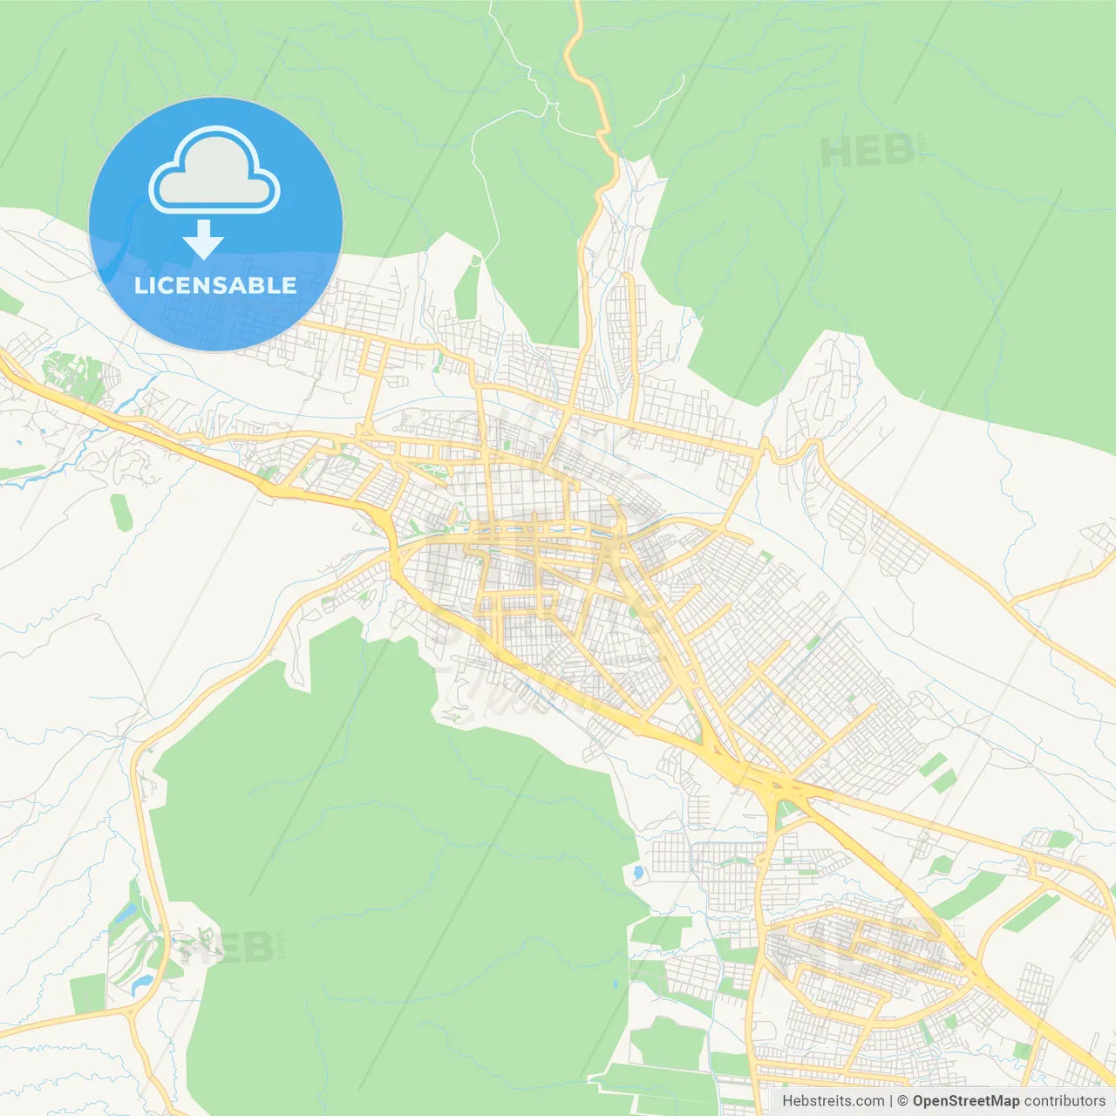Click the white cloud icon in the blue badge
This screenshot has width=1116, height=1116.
(x=214, y=171)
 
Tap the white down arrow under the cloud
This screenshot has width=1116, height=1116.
(x=203, y=240)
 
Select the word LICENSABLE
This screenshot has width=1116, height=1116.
(x=215, y=285)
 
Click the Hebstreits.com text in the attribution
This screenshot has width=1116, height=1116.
(x=833, y=1101)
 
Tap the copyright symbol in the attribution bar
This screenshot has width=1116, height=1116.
(x=903, y=1101)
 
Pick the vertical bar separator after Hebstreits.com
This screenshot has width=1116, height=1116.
(x=891, y=1101)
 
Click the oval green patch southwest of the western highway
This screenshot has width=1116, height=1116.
(x=120, y=512)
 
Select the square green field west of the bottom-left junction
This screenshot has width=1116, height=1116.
(x=87, y=994)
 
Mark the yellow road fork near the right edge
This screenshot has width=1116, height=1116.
(x=1011, y=602)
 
